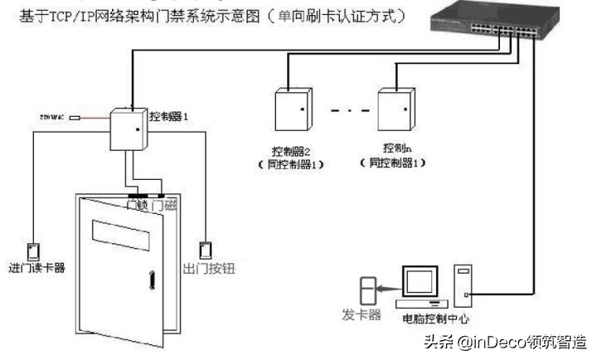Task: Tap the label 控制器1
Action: (169, 118)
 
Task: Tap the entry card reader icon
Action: (34, 251)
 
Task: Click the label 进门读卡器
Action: (36, 268)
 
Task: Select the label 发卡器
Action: (362, 314)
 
